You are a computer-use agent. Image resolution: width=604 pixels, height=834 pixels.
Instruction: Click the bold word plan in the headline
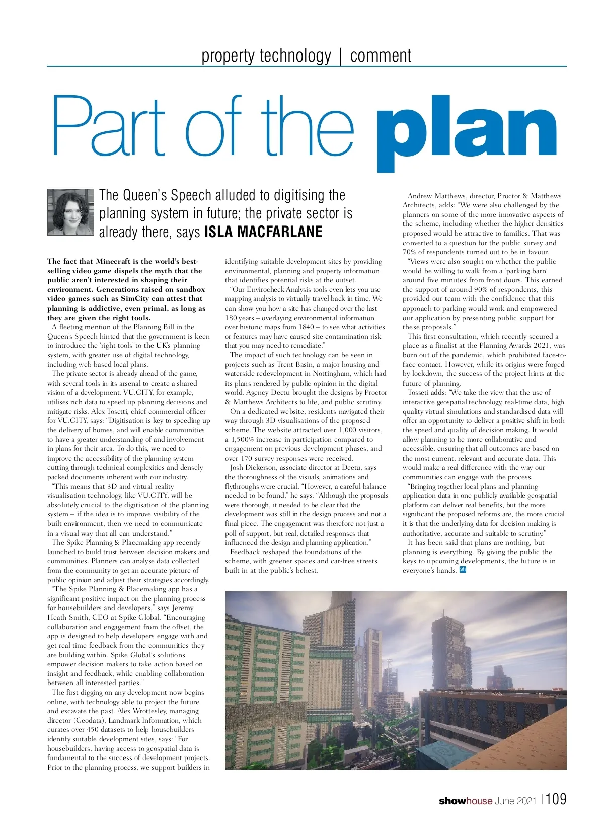tap(467, 132)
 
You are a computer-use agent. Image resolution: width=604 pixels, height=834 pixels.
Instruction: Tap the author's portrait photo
tap(70, 212)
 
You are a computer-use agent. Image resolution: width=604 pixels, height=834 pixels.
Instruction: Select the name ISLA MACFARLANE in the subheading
tap(263, 232)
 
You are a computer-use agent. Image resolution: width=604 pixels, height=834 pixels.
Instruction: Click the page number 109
tap(556, 799)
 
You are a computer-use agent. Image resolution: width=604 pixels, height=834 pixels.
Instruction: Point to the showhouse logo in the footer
tap(466, 801)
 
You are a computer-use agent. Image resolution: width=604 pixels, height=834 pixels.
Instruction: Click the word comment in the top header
tap(381, 55)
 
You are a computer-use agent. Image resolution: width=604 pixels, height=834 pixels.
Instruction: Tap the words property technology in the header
tap(266, 55)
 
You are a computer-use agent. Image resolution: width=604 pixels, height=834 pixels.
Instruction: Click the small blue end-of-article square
tap(463, 570)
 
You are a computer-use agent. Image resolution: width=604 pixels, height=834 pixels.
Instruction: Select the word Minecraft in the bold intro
tap(115, 261)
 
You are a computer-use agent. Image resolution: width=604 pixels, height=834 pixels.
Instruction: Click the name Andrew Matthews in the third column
tap(436, 196)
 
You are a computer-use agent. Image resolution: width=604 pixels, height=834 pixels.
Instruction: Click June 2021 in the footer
tap(516, 801)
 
